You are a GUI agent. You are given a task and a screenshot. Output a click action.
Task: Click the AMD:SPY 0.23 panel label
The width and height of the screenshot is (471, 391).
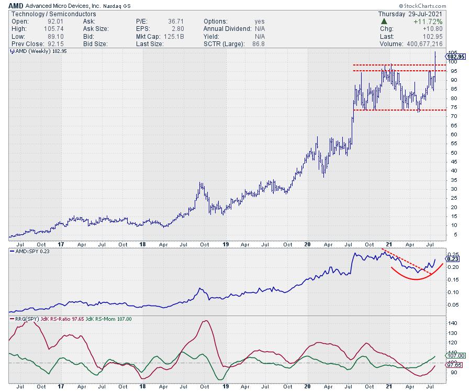coord(31,252)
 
